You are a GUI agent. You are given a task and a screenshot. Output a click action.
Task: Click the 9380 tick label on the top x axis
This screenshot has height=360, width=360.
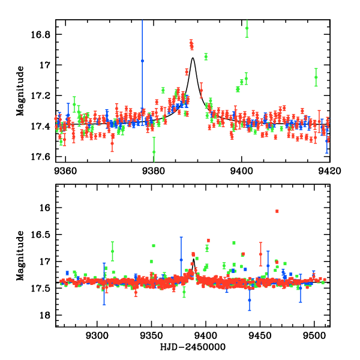click(154, 170)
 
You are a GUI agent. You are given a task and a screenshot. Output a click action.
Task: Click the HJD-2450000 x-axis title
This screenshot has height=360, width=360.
click(193, 347)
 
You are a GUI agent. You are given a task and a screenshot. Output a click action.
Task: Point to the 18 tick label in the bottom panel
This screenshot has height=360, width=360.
click(48, 316)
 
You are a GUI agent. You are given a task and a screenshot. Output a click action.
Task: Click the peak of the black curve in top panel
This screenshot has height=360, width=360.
click(193, 58)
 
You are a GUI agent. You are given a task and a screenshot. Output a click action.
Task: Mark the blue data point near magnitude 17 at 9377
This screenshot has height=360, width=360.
click(142, 61)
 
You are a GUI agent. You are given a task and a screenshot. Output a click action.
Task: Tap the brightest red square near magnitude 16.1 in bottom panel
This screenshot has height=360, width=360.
click(277, 211)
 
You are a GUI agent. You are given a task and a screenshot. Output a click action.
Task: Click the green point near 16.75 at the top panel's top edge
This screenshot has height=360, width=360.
click(247, 28)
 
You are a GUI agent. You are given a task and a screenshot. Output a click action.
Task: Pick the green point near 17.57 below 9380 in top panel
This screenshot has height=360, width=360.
click(154, 152)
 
